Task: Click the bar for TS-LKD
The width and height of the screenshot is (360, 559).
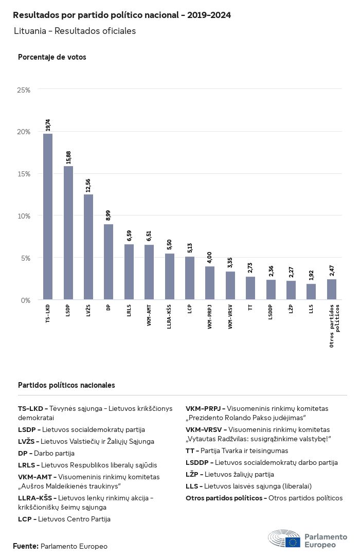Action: point(48,217)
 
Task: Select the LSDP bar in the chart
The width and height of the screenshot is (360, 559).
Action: point(68,232)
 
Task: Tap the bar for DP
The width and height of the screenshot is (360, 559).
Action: point(109,262)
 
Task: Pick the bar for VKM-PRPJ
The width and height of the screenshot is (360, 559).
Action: point(210,283)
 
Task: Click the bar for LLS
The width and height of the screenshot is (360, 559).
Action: point(311,292)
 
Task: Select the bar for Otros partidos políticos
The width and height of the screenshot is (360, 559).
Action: point(332,289)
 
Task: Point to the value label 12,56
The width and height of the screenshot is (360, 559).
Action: point(88,185)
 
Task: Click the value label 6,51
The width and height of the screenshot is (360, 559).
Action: point(149,236)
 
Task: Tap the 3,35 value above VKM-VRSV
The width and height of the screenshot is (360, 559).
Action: point(230,262)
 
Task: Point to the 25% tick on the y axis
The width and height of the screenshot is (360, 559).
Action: point(24,90)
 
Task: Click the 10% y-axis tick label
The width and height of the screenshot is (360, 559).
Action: point(24,216)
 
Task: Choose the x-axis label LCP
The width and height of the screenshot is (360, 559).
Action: point(190,311)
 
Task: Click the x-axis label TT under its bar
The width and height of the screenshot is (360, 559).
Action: point(250,308)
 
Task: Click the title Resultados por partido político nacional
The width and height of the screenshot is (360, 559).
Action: point(122,15)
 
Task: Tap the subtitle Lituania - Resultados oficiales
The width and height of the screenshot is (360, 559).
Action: point(75,31)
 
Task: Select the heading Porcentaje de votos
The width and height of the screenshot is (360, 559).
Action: point(52,57)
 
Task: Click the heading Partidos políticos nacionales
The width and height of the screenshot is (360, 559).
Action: point(66,385)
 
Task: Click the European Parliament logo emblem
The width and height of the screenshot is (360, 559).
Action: point(284,539)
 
